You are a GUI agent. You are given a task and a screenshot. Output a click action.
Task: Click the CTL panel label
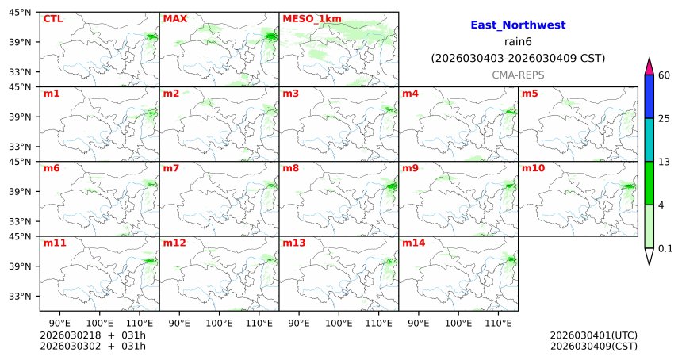click(x=52, y=18)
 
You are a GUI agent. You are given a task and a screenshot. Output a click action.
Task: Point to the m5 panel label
click(x=530, y=94)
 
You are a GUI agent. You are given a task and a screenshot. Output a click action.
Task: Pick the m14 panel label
click(x=413, y=243)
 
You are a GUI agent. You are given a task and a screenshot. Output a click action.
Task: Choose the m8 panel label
click(x=290, y=168)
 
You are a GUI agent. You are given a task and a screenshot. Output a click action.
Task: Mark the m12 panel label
click(x=174, y=243)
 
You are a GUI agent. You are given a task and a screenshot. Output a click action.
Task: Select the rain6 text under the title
click(x=518, y=42)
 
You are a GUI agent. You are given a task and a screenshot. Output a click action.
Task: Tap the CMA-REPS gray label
click(x=518, y=74)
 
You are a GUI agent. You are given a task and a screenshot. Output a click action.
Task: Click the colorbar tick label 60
click(x=665, y=75)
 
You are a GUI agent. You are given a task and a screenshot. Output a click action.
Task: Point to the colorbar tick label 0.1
click(x=666, y=248)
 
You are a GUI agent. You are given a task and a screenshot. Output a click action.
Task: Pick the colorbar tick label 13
click(x=665, y=162)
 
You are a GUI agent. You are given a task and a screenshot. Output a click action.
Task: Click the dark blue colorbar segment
click(x=649, y=97)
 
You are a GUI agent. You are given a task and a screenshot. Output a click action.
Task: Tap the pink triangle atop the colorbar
click(x=649, y=67)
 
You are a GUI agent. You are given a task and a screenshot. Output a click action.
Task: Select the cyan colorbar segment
click(x=649, y=140)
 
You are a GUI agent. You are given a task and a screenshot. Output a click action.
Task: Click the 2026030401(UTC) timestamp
click(x=593, y=335)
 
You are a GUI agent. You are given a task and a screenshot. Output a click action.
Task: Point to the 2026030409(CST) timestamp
click(x=593, y=346)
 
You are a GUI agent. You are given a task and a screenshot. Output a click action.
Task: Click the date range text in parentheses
click(x=518, y=58)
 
